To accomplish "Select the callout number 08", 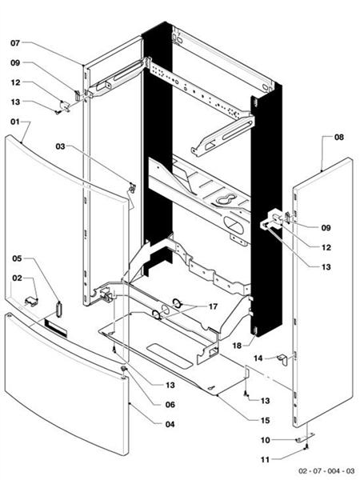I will (x=338, y=138).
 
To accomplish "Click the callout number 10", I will (x=265, y=439).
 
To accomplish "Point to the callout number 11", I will (x=265, y=459).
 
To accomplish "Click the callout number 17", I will (x=213, y=306).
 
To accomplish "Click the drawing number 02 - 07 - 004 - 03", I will (x=326, y=471).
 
